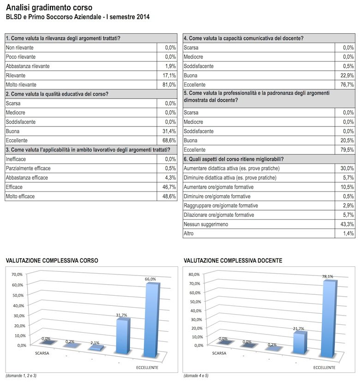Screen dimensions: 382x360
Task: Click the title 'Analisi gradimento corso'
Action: pyautogui.click(x=48, y=8)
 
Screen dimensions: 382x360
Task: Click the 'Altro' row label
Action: pyautogui.click(x=190, y=233)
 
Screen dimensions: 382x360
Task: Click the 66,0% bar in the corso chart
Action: pyautogui.click(x=151, y=320)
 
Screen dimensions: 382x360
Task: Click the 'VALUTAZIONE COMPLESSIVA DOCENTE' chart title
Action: pyautogui.click(x=233, y=261)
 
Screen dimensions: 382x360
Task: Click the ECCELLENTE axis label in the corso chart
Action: pyautogui.click(x=147, y=367)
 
